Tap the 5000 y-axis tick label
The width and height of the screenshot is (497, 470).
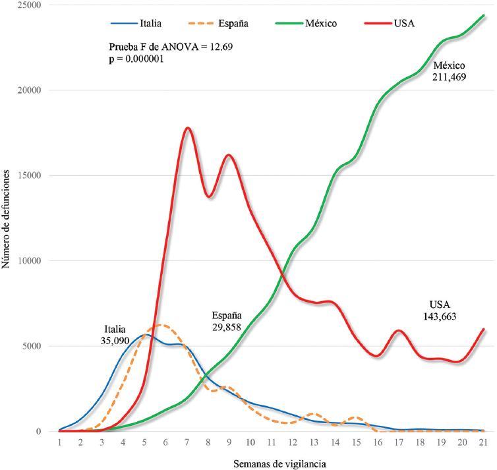(30, 346)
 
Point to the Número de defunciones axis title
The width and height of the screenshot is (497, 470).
(8, 219)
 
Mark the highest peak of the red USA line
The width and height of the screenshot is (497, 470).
(188, 128)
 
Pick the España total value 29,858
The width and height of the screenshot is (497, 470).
(228, 326)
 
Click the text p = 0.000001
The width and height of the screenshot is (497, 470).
(136, 59)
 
